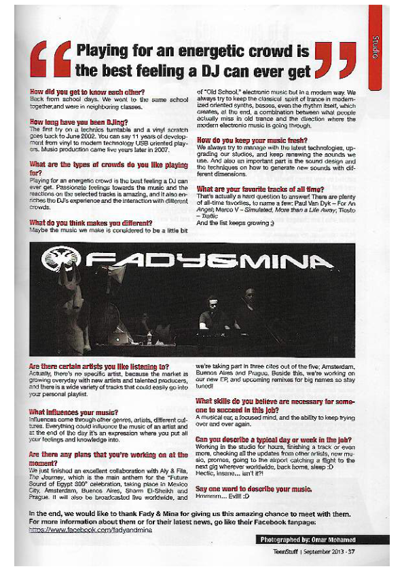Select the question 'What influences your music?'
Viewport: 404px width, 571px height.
[x=74, y=412]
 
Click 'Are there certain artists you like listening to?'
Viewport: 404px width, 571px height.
[x=99, y=367]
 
